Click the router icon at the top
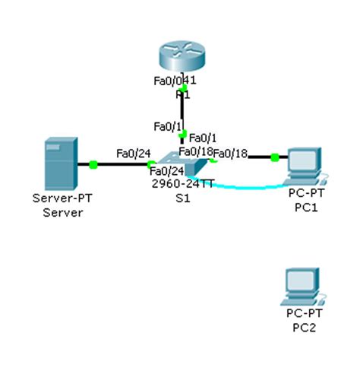click(x=182, y=57)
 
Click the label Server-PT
click(x=59, y=199)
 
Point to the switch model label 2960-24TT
click(x=182, y=184)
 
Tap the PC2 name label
click(x=302, y=328)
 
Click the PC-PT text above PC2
click(x=302, y=314)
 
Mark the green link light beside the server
click(x=93, y=163)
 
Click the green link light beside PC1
click(x=274, y=157)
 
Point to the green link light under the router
click(x=182, y=89)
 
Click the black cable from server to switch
click(x=122, y=163)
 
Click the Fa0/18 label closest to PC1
click(x=232, y=154)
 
